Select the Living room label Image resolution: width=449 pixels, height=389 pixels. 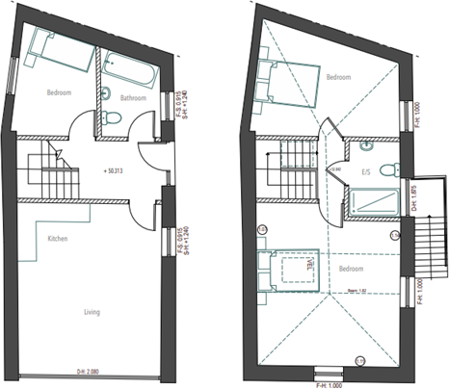92,311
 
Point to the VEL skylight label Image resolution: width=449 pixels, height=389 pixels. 311,264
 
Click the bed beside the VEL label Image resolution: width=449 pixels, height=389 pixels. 289,266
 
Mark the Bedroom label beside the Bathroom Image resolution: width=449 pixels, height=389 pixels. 59,93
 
